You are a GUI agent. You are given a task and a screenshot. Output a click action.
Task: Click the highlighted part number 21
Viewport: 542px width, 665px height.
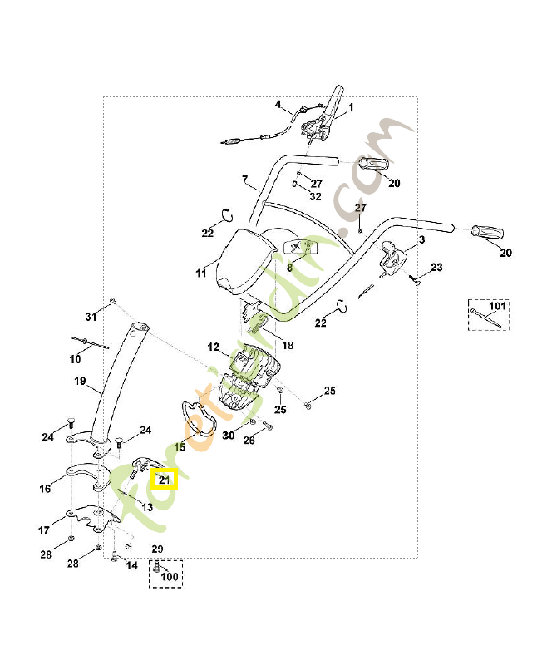(x=164, y=480)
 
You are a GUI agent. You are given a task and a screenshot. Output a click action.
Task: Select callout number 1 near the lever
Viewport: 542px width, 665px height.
(x=350, y=107)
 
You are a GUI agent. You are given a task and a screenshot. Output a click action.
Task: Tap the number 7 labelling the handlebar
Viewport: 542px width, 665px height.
(x=245, y=180)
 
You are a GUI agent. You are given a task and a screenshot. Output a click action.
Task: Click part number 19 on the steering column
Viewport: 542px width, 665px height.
(x=81, y=382)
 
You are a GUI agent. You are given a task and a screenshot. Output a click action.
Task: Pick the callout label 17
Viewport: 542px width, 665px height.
(x=46, y=529)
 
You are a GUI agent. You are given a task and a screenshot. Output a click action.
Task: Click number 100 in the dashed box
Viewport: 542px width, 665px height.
(x=169, y=576)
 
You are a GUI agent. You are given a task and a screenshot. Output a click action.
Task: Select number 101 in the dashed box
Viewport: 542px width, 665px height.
(x=497, y=307)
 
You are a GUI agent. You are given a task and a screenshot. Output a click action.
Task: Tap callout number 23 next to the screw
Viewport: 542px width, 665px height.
(x=436, y=268)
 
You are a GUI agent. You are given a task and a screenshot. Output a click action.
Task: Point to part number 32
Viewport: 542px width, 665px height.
(x=315, y=197)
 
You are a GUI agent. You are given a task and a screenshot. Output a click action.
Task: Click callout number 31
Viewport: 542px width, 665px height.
(x=91, y=316)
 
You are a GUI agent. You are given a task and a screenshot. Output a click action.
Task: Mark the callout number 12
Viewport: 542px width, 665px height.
(x=213, y=347)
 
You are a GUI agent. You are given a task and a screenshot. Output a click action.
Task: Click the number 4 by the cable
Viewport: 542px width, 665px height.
(x=278, y=105)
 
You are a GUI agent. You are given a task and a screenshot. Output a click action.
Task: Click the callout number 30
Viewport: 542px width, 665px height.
(x=229, y=435)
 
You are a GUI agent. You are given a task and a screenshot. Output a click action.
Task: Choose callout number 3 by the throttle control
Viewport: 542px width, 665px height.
(x=421, y=239)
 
